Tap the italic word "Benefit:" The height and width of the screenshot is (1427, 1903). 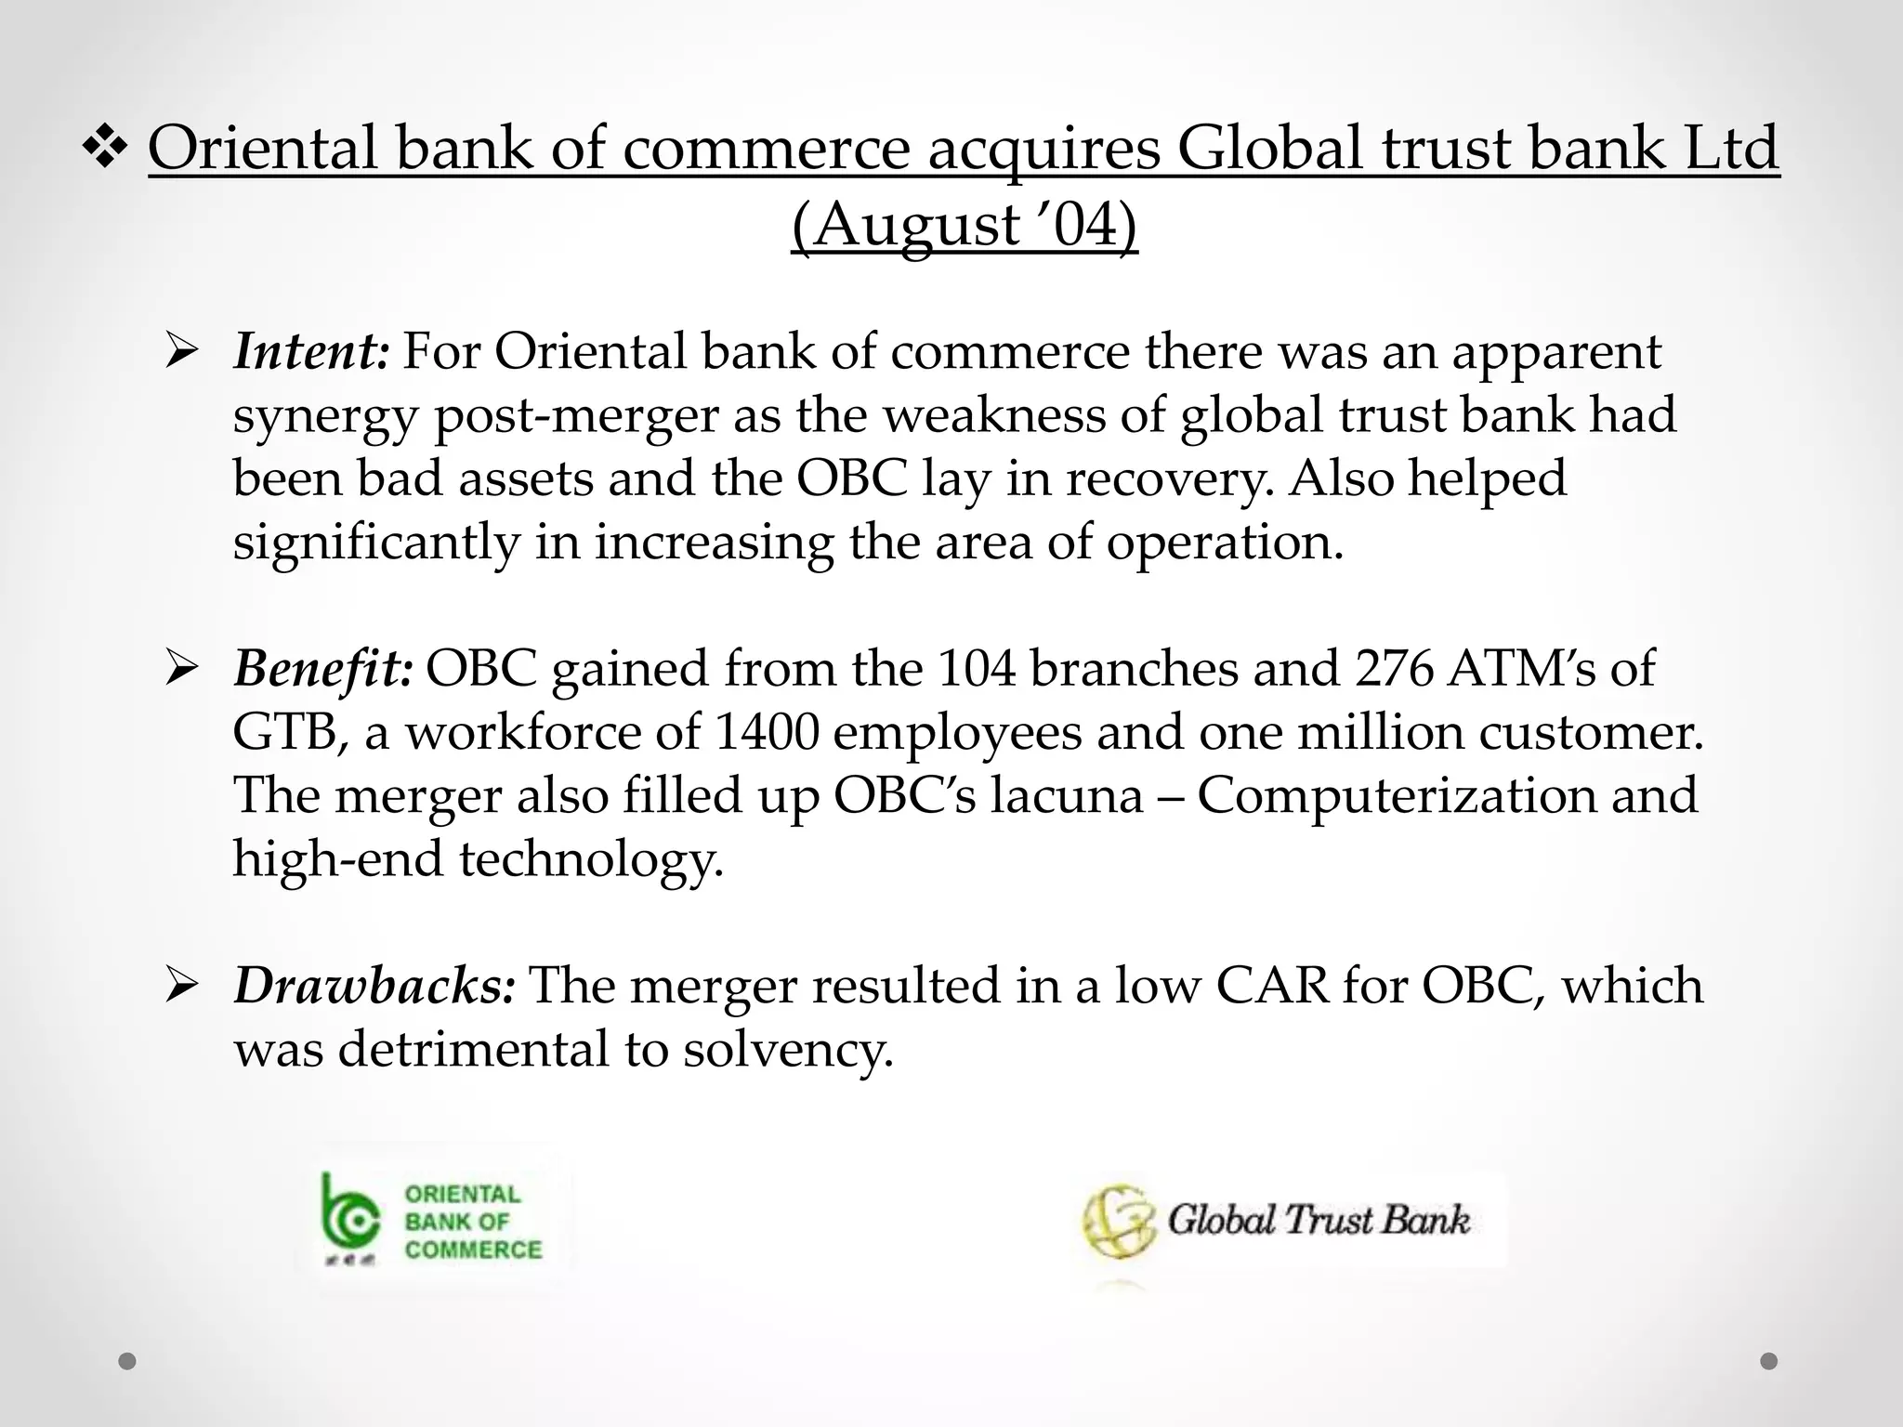(322, 668)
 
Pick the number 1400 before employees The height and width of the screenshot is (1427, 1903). (767, 732)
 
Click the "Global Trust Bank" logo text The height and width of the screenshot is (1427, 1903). (1318, 1220)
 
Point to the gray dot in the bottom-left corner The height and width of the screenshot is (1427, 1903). (127, 1361)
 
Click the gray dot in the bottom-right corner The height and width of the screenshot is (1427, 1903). (1769, 1361)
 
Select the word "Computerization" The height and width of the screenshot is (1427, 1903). (1396, 795)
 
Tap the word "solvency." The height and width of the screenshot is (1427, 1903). (787, 1049)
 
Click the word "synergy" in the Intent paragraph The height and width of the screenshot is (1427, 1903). (325, 415)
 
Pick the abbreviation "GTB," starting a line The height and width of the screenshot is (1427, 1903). (291, 732)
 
